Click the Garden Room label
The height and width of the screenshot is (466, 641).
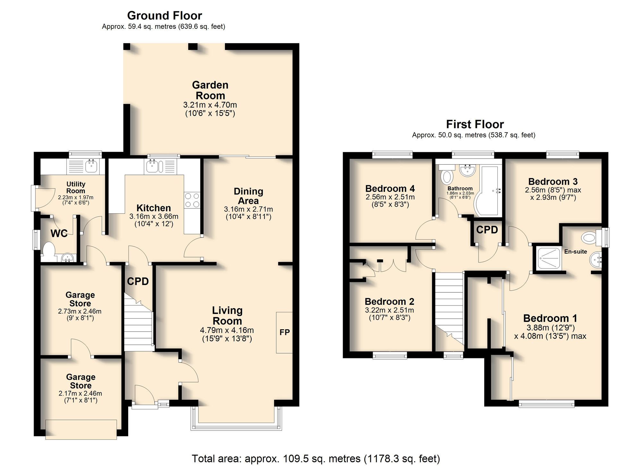click(x=210, y=90)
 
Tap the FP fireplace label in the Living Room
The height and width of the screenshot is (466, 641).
click(x=285, y=332)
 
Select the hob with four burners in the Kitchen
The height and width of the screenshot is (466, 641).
click(x=192, y=200)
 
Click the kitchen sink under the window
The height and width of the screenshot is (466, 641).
click(x=151, y=166)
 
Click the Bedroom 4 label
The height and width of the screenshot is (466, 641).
click(x=390, y=188)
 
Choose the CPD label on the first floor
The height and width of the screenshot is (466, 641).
click(x=487, y=230)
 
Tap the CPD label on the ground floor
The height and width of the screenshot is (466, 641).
click(x=138, y=282)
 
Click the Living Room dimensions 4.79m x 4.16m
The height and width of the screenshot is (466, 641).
click(x=227, y=330)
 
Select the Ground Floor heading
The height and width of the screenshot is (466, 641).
click(x=164, y=15)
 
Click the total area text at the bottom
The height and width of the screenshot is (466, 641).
click(x=316, y=458)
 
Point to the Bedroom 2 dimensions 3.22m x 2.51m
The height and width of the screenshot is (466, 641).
click(x=389, y=310)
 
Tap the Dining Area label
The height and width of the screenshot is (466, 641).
click(x=248, y=196)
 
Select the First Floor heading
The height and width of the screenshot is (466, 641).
click(x=475, y=124)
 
